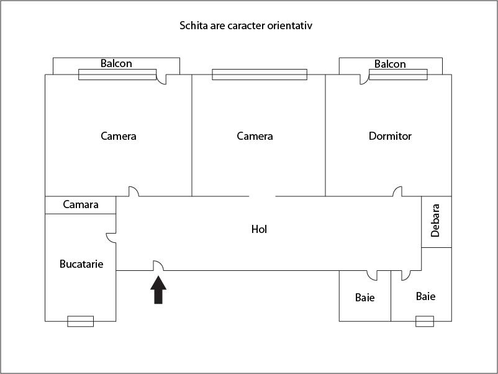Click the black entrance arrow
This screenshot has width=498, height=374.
tap(159, 291)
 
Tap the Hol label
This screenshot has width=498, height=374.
tap(259, 229)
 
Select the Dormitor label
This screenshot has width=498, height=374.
tap(390, 136)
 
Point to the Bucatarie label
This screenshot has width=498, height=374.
tap(81, 264)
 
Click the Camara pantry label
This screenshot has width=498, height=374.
tap(81, 204)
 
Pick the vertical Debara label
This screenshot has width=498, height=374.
tap(436, 221)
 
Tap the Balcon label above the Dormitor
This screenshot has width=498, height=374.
tap(390, 64)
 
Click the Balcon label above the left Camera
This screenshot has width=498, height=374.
tap(116, 63)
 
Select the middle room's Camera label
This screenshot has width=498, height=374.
tap(255, 136)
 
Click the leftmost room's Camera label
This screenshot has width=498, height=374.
tap(118, 136)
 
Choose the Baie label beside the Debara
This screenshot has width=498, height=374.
tap(425, 296)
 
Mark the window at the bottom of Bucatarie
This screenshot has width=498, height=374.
tap(80, 321)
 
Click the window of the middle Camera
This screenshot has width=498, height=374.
tap(259, 75)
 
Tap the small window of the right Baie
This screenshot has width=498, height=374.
tap(425, 321)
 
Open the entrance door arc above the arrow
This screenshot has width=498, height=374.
tap(158, 266)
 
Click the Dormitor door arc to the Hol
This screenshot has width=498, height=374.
tap(397, 191)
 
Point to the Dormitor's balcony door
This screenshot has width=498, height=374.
tap(364, 79)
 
